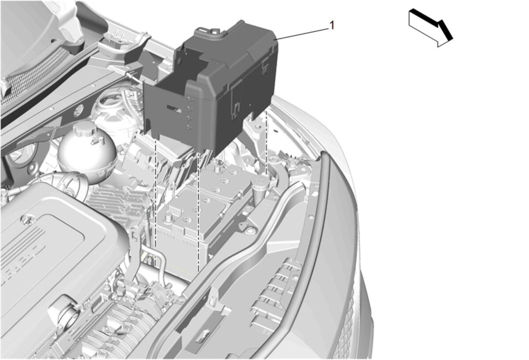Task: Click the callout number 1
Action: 332,25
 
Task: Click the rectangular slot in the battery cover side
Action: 173,107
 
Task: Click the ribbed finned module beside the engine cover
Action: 115,202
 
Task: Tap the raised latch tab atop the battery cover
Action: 206,30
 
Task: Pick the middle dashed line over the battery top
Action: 198,213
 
